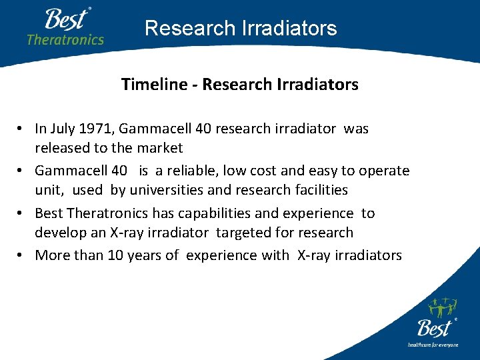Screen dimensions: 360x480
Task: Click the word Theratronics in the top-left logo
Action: point(65,39)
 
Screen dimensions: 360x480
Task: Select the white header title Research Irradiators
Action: point(241,28)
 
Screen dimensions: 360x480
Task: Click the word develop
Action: point(59,233)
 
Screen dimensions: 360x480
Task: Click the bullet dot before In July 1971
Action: point(22,129)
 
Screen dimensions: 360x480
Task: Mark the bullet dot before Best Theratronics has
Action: point(22,214)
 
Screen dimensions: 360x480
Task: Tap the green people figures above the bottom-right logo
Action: point(441,308)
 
